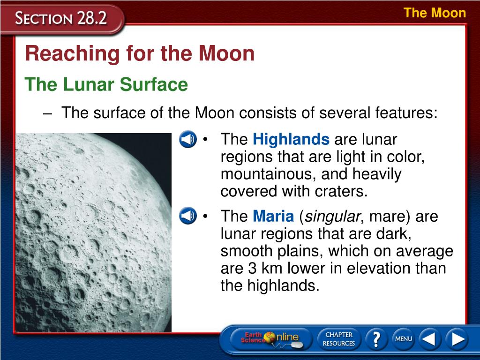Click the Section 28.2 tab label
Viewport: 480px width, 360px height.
tap(61, 18)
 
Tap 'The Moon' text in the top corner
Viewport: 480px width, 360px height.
tap(435, 13)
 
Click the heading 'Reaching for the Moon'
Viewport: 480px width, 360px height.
tap(140, 53)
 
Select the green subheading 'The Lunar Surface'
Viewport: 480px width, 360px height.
tap(106, 84)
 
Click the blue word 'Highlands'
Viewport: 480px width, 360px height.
tap(291, 139)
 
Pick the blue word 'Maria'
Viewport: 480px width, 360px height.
tap(273, 216)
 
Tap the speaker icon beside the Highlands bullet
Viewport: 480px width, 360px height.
tap(188, 139)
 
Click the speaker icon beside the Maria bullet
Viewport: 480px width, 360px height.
tap(188, 216)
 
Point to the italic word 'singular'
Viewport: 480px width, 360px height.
tap(332, 217)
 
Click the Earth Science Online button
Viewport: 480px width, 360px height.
tap(270, 339)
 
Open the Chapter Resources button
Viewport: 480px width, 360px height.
tap(338, 339)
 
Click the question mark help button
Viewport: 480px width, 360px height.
tap(376, 339)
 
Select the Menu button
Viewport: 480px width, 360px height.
tap(404, 339)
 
